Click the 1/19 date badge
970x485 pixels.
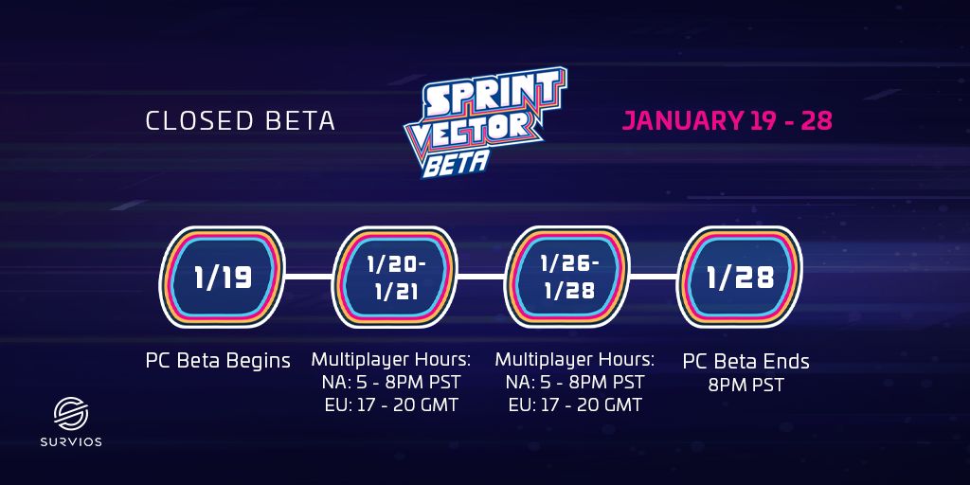(223, 277)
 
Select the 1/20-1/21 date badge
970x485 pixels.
(395, 277)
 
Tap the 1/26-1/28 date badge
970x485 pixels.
(567, 277)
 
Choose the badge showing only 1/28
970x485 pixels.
(740, 277)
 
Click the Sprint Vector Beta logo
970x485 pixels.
(486, 122)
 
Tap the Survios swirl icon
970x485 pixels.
(71, 414)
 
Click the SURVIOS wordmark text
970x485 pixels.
(71, 442)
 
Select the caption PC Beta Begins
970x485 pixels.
(218, 361)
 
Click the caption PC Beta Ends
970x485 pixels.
(746, 361)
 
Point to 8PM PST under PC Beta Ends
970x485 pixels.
(746, 386)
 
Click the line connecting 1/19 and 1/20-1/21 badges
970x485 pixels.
(310, 277)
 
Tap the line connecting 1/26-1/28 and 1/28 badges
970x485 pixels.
(654, 277)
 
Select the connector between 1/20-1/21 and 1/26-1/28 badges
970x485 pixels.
(481, 277)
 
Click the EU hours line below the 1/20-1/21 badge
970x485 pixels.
(391, 405)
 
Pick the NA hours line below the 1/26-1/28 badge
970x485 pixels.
(575, 382)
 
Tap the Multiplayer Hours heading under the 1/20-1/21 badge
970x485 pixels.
(391, 359)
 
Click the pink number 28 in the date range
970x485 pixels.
(817, 121)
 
